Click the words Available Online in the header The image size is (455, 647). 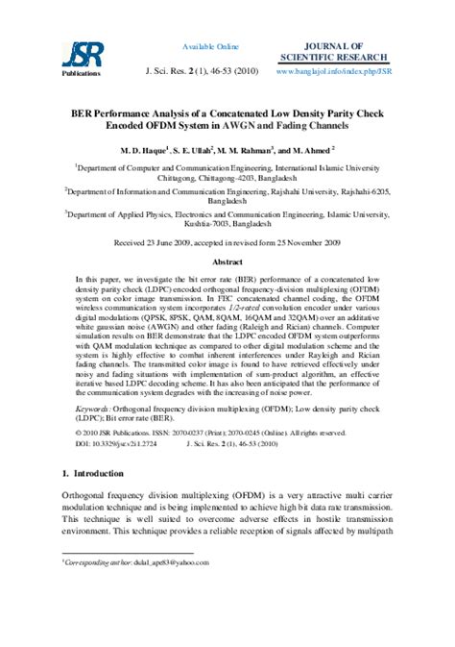[211, 46]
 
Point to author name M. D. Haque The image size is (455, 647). [142, 150]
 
